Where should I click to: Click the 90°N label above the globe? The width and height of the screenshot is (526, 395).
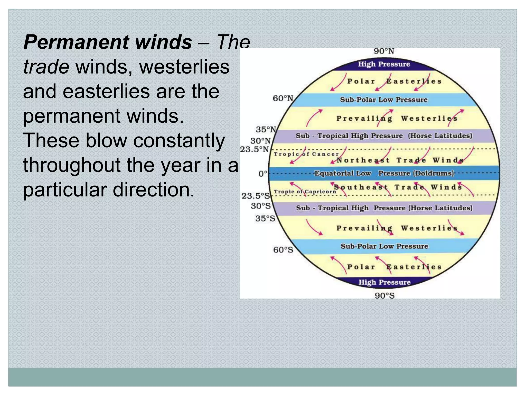[x=384, y=51]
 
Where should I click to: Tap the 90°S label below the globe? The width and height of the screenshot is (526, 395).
[x=384, y=295]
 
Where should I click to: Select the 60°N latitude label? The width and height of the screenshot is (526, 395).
[x=283, y=98]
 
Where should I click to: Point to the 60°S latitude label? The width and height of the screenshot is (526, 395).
[x=283, y=250]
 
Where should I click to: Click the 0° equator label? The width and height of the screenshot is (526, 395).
[x=263, y=174]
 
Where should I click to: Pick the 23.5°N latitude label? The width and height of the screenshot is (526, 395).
[x=254, y=149]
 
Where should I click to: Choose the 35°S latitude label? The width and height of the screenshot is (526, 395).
[x=265, y=219]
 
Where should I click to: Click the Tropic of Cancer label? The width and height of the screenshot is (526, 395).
[x=306, y=154]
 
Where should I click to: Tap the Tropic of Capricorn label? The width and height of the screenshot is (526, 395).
[x=305, y=192]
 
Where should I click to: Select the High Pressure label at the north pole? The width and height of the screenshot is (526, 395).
[x=384, y=64]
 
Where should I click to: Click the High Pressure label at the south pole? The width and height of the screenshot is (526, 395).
[x=384, y=282]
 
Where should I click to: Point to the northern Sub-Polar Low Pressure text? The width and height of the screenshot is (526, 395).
[x=384, y=100]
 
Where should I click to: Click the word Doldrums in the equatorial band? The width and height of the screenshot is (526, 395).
[x=434, y=173]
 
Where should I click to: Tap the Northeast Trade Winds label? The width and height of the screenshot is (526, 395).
[x=400, y=160]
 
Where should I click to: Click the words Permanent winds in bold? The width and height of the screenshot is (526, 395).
[x=108, y=42]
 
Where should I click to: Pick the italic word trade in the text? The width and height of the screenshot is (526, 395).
[x=46, y=67]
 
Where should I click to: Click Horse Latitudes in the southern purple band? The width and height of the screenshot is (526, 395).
[x=440, y=208]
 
